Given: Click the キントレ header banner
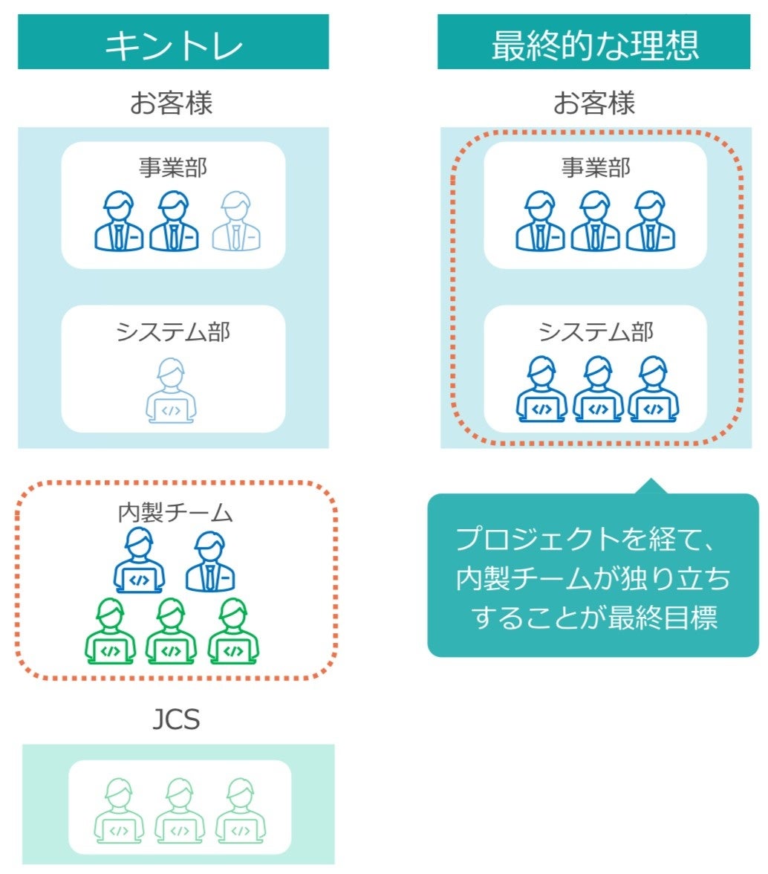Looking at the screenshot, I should [x=173, y=43].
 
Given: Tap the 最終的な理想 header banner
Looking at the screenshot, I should [x=595, y=43].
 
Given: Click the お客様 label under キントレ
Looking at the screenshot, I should [x=172, y=103].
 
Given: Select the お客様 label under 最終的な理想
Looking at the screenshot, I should [x=594, y=103].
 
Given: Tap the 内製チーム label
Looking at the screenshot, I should [x=175, y=513].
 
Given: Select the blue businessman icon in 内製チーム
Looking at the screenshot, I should [x=210, y=561].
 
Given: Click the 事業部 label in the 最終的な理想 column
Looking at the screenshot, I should [x=596, y=167].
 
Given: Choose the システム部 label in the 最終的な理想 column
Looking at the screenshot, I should [x=596, y=331].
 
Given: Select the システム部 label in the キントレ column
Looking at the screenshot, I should [x=173, y=331].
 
